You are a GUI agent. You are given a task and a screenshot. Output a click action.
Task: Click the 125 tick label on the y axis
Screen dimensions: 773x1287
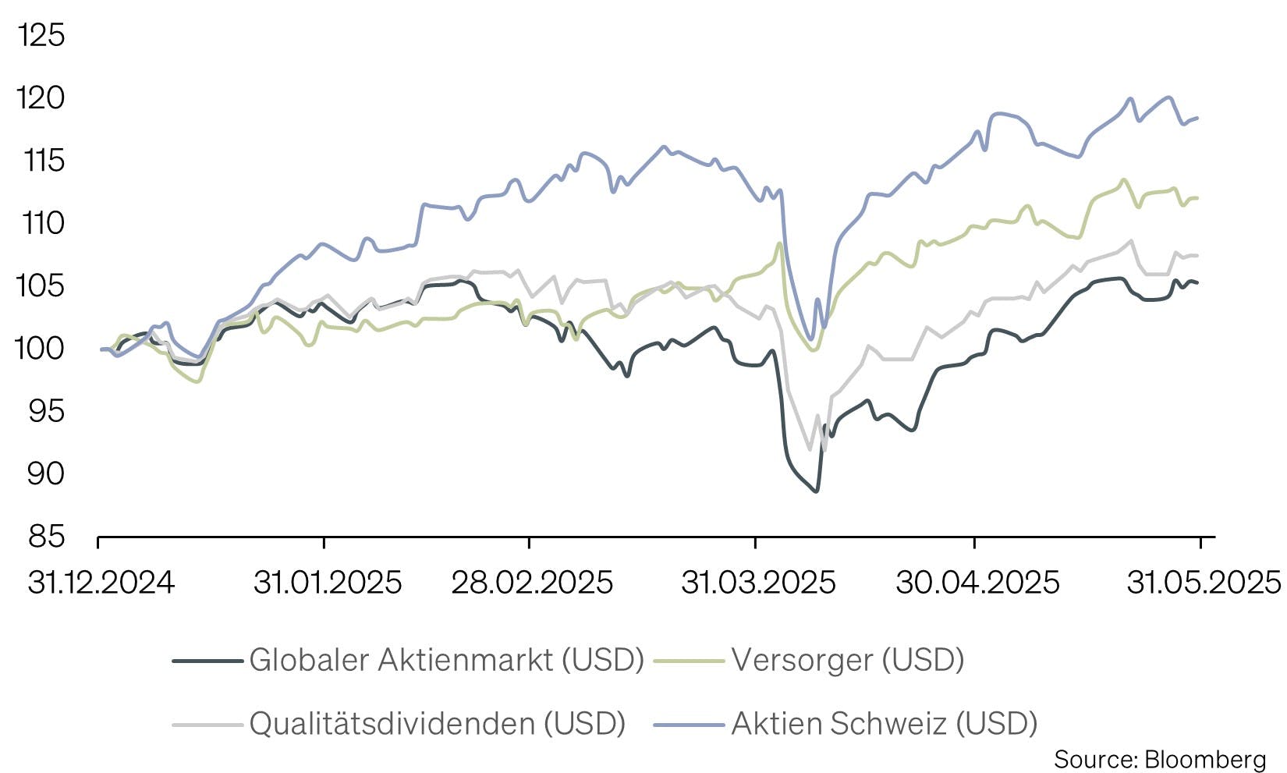(41, 36)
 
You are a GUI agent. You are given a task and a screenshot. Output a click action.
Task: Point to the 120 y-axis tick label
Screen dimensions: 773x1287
(41, 98)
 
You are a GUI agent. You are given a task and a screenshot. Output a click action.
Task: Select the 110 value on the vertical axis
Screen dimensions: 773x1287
(41, 224)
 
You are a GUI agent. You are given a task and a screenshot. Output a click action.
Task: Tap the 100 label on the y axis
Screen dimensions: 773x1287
(41, 349)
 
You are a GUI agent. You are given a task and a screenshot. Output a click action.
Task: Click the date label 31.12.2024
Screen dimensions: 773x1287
(101, 583)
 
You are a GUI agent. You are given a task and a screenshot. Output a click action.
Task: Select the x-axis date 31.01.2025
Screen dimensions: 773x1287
(328, 583)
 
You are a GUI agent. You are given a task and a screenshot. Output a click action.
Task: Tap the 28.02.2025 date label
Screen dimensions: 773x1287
(532, 583)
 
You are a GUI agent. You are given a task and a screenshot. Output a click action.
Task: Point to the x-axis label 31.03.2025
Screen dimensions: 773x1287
(758, 583)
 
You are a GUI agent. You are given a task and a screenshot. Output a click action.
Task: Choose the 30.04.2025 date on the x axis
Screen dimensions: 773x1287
(977, 583)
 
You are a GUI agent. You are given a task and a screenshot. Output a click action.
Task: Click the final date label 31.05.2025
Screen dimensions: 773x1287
(1204, 583)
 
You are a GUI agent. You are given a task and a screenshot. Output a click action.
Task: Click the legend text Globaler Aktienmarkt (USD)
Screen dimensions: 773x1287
(446, 661)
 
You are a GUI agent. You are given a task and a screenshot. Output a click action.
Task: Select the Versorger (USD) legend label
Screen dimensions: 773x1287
(848, 661)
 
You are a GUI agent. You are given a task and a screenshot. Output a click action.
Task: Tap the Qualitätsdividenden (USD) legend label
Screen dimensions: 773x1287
(438, 724)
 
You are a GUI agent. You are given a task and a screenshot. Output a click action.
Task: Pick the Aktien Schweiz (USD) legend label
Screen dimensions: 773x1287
(885, 724)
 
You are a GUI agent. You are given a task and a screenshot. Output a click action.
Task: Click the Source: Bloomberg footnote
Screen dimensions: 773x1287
(1160, 759)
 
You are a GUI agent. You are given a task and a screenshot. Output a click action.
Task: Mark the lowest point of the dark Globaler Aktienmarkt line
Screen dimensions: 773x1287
(816, 491)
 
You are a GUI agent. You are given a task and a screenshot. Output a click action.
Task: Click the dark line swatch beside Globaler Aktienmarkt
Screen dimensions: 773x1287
(207, 661)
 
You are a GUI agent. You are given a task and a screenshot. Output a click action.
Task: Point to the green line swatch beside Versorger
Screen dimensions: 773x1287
(689, 661)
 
